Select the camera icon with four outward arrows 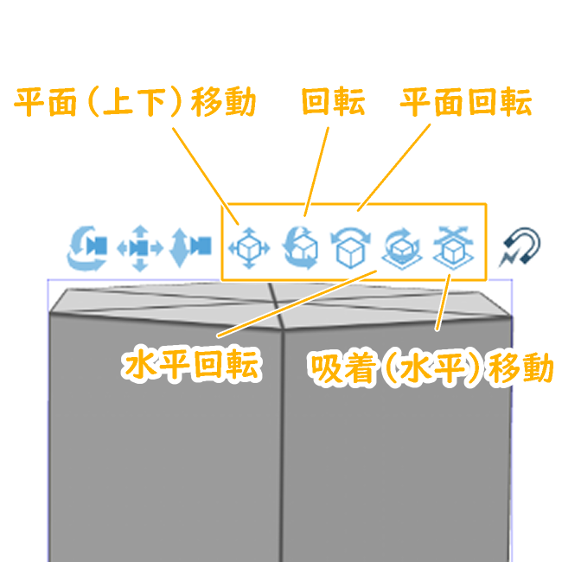pyautogui.click(x=140, y=247)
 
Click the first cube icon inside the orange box pyautogui.click(x=249, y=247)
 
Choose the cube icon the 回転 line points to pyautogui.click(x=301, y=247)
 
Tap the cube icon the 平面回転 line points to pyautogui.click(x=351, y=248)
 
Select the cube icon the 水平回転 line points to pyautogui.click(x=400, y=248)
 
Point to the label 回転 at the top pyautogui.click(x=333, y=104)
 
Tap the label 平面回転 pyautogui.click(x=465, y=104)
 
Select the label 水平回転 pyautogui.click(x=191, y=366)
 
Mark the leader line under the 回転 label pyautogui.click(x=317, y=169)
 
